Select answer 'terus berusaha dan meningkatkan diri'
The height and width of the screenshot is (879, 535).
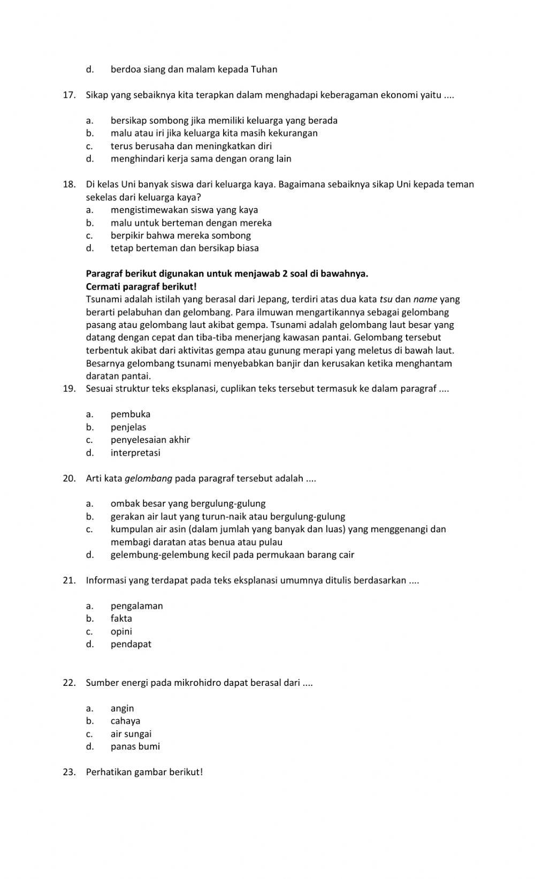[191, 146]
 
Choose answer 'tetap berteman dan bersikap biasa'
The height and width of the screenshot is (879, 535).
[185, 248]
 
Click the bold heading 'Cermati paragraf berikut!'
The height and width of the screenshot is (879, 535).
[141, 287]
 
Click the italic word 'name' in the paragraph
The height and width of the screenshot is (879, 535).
[425, 300]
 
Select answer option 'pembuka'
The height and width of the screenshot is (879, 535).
[131, 414]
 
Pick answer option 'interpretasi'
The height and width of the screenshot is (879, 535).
[135, 453]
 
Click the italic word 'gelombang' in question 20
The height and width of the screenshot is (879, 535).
[148, 478]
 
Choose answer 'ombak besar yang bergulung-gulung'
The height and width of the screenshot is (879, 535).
[188, 503]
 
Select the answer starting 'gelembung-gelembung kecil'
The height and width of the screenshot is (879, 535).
[232, 555]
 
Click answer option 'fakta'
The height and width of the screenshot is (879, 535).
[121, 618]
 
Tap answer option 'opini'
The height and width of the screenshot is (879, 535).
[121, 631]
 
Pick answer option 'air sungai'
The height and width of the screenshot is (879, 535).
[131, 734]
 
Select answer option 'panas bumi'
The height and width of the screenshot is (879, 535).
[135, 746]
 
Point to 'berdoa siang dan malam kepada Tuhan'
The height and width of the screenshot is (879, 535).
[194, 70]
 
